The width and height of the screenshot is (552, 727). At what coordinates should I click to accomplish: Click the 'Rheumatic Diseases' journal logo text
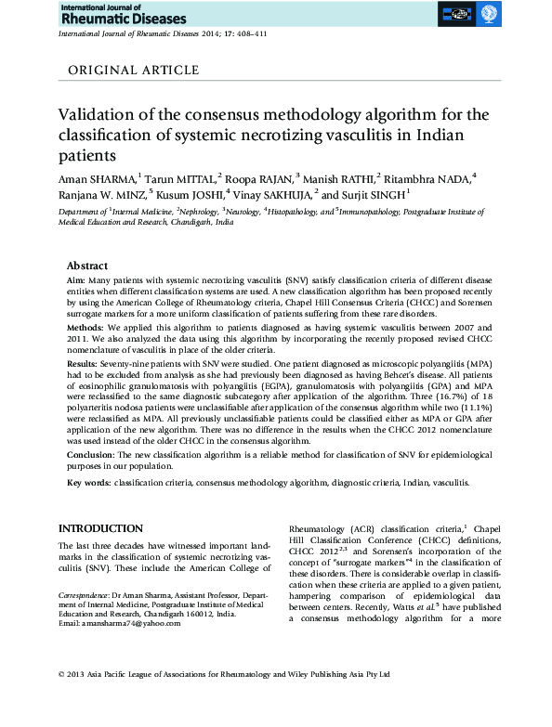122,18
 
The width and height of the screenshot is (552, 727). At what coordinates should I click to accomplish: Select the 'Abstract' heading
88,265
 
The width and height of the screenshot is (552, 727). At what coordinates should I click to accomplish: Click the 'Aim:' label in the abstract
77,279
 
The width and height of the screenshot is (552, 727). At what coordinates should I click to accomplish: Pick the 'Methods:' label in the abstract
88,329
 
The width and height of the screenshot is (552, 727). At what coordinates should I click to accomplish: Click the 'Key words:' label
89,484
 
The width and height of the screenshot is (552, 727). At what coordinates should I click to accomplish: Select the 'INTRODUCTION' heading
100,528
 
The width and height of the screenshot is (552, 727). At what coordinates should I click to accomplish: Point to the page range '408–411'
249,33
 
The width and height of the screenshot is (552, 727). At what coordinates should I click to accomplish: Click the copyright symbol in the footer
61,700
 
